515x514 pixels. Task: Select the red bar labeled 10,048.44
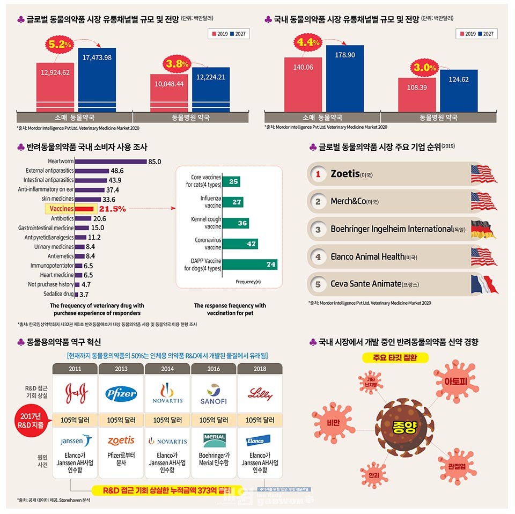(x=169, y=92)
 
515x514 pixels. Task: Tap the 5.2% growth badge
(x=60, y=45)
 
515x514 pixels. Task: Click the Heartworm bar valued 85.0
(x=111, y=161)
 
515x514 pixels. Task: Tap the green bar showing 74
(x=249, y=265)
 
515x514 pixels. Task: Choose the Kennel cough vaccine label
(x=205, y=223)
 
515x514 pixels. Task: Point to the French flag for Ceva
(x=484, y=283)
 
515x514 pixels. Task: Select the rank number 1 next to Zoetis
(x=318, y=174)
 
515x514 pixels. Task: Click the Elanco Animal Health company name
(x=367, y=256)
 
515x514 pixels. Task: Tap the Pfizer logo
(x=121, y=393)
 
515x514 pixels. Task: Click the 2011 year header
(x=75, y=369)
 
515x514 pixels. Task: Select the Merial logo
(x=214, y=440)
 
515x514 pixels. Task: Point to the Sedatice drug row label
(x=58, y=294)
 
